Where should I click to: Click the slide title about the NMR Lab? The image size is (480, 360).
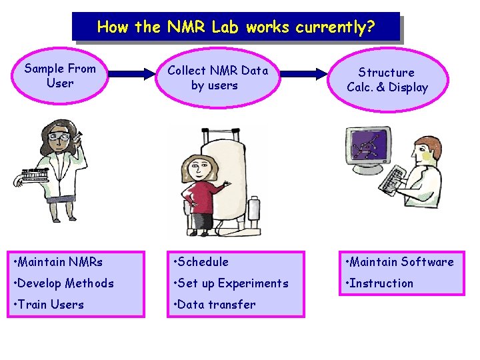[x=236, y=27]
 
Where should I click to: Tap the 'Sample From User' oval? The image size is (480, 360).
[x=59, y=76]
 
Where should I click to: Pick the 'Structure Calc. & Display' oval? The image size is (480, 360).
[x=387, y=80]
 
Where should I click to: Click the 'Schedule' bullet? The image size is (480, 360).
[x=200, y=262]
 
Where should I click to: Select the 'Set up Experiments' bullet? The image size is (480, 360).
[x=230, y=283]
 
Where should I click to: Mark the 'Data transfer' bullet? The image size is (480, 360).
[x=213, y=305]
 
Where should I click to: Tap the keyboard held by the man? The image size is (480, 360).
[x=397, y=178]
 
